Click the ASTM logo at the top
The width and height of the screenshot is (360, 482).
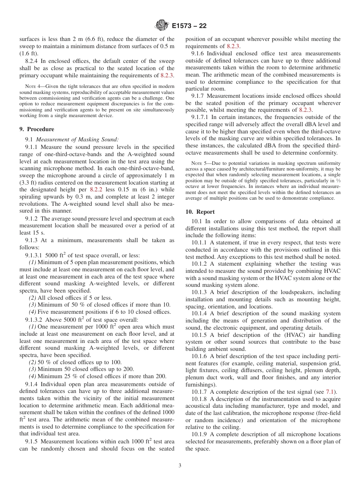coord(162,26)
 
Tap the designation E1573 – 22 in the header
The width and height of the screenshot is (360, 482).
coord(189,26)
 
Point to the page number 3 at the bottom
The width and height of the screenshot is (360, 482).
coord(180,466)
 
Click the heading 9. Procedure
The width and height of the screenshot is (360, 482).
coord(36,129)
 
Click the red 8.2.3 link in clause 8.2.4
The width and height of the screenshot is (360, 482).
coord(167,75)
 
